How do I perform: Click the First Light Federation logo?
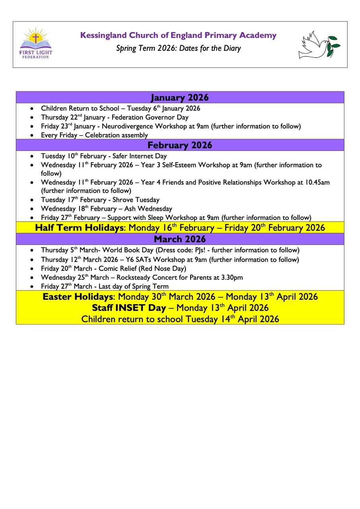coord(36,43)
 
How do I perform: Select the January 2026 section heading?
coord(180,98)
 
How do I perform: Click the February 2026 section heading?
coord(180,145)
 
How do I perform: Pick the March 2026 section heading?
coord(180,239)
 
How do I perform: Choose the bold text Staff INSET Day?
coord(128,308)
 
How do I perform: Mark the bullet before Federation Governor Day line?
coord(32,118)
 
